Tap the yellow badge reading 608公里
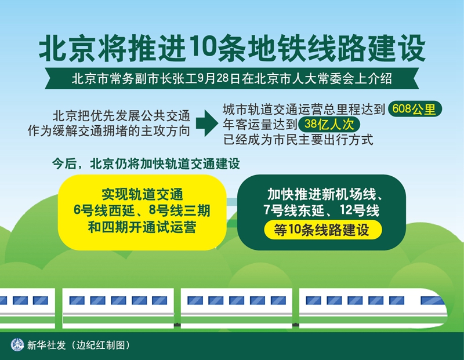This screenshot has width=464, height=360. [415, 109]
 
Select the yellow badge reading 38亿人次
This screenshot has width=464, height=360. [329, 124]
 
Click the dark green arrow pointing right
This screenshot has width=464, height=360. [207, 123]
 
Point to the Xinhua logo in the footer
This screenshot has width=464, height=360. [17, 345]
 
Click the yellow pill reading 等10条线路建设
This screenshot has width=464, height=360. [322, 230]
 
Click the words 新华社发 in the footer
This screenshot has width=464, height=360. [46, 345]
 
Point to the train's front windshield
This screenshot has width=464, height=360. [432, 300]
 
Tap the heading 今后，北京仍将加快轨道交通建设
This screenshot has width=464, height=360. [146, 164]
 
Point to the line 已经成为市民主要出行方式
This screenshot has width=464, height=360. [298, 140]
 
